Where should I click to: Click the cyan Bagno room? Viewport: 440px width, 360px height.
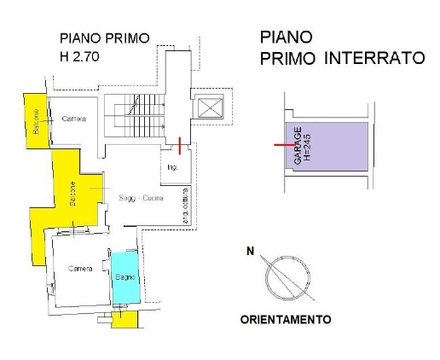click(124, 278)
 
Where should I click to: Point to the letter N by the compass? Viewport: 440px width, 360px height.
click(250, 251)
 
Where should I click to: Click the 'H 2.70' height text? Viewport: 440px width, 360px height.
click(79, 60)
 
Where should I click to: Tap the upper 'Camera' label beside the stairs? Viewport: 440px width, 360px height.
click(73, 119)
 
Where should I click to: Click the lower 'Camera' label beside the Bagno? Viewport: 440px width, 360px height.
click(81, 268)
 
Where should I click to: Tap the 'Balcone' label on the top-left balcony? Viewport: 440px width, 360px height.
click(35, 121)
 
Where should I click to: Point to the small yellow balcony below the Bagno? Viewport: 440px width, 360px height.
click(125, 319)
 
